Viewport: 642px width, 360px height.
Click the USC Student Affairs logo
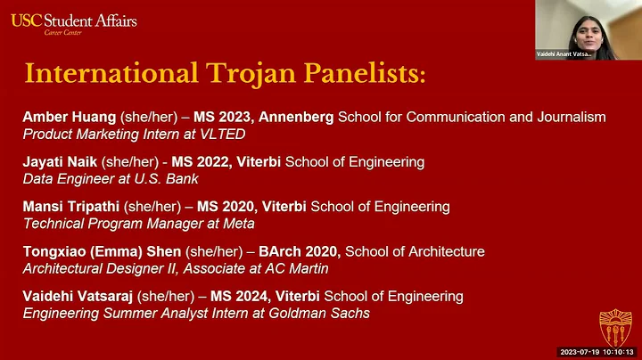tap(74, 22)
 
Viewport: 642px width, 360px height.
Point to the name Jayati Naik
tap(58, 162)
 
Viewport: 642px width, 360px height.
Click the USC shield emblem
tap(615, 327)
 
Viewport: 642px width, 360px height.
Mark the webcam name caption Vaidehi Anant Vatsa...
tap(564, 53)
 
